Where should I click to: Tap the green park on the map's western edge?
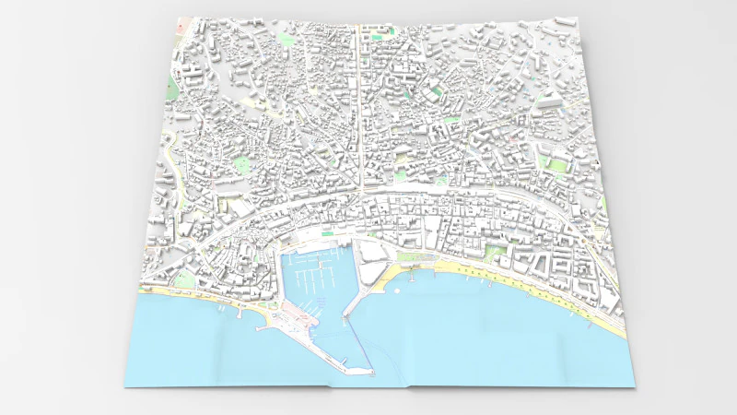[172, 90]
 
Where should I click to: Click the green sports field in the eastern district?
[556, 165]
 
